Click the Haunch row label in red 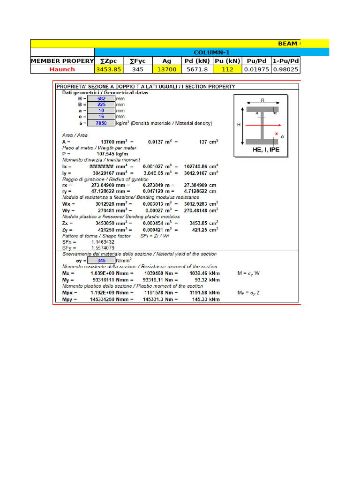coord(62,69)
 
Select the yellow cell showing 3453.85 coord(109,69)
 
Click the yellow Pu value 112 coord(227,69)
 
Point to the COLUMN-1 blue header coord(211,52)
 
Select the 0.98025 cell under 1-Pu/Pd coord(285,69)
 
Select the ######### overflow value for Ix coord(101,166)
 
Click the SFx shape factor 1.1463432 coord(103,242)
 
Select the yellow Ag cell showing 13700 coord(167,69)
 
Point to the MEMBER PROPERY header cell coord(62,61)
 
